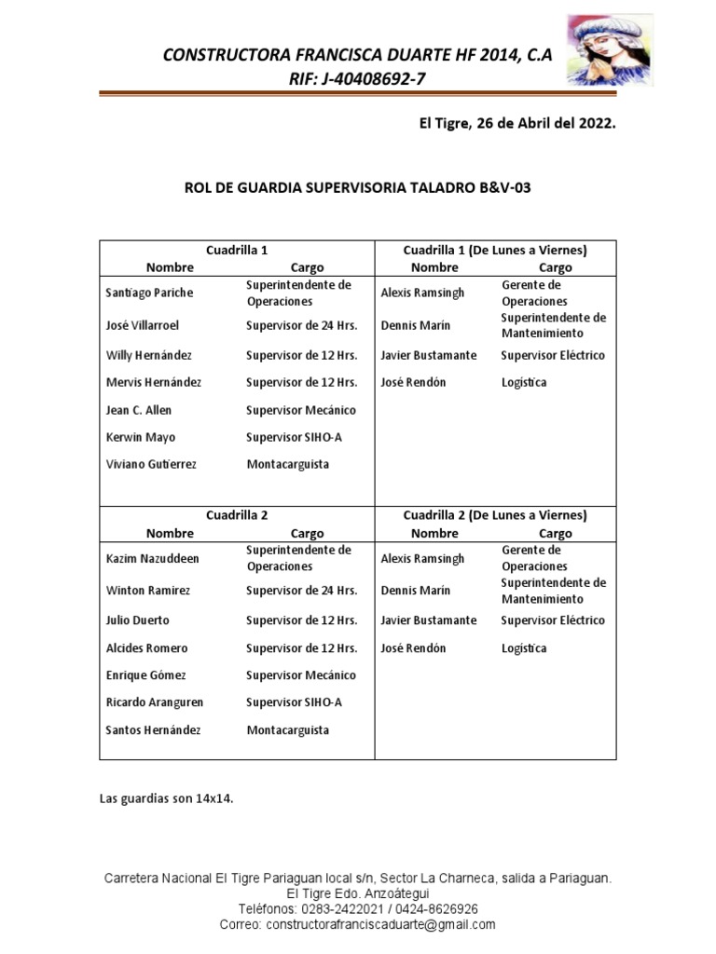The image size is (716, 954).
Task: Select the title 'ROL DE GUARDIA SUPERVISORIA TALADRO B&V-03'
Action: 358,187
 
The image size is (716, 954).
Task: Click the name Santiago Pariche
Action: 149,293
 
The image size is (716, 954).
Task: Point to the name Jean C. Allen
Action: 138,410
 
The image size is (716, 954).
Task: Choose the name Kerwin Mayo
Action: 140,437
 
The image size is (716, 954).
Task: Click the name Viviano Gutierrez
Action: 151,464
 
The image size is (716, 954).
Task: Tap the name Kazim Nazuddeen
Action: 153,558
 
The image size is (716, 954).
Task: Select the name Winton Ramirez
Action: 148,591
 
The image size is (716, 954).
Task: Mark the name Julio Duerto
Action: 138,620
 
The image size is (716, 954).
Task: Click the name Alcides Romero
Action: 146,648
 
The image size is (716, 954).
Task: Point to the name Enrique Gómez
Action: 146,675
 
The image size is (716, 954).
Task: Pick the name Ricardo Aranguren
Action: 154,702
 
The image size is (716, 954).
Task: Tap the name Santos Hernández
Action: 153,730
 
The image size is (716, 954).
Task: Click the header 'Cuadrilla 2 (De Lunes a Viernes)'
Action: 494,515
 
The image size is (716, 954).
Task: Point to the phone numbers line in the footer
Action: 358,908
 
